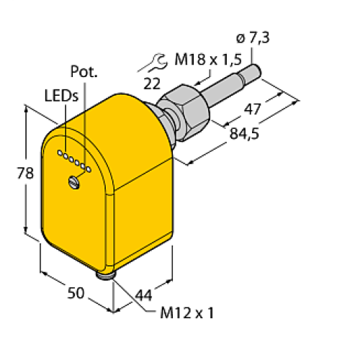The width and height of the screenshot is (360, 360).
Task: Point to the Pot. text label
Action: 84,71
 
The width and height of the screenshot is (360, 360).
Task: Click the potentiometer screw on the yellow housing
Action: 75,181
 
